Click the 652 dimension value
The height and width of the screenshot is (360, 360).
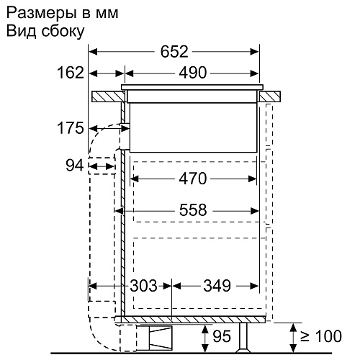click(174, 52)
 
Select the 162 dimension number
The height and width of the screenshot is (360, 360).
click(71, 73)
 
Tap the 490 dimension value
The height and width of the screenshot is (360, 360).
click(193, 73)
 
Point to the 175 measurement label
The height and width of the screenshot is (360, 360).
click(71, 128)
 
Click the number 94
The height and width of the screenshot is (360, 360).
click(75, 166)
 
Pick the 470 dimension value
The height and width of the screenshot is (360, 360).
click(193, 179)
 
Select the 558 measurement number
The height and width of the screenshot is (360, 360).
click(193, 210)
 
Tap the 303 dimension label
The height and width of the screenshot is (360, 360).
click(143, 286)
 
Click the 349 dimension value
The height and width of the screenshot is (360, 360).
click(217, 286)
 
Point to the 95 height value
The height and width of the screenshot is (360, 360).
click(222, 336)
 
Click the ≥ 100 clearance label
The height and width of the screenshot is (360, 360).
click(321, 336)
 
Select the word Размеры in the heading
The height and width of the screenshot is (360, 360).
click(42, 14)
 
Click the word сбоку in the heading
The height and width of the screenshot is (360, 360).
click(63, 32)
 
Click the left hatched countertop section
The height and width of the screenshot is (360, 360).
click(108, 96)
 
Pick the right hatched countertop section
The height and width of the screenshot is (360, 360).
click(269, 96)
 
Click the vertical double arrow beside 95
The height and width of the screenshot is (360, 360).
click(204, 338)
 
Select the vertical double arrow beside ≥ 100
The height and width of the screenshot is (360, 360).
click(293, 338)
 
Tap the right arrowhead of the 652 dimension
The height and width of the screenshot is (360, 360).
click(254, 52)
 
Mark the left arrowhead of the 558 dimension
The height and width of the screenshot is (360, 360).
click(119, 211)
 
